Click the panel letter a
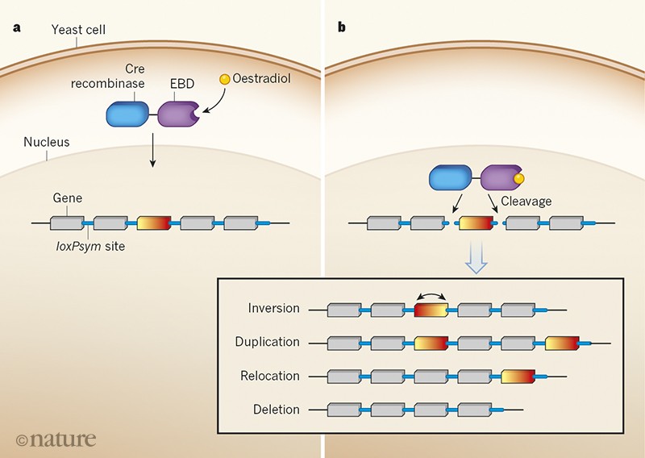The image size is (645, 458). pos(17,28)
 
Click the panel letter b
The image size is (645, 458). pos(341,28)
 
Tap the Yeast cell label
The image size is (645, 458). pos(78,31)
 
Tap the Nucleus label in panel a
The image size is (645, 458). pos(47,142)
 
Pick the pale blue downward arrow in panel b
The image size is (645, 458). pos(477,260)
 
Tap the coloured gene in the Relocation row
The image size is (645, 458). pos(517,376)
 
